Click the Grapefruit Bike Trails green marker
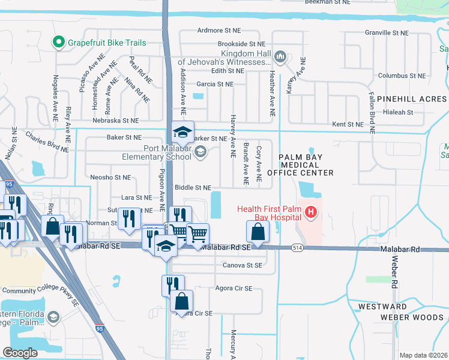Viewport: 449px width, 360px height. (x=58, y=43)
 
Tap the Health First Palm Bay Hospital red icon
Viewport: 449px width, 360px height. (x=311, y=212)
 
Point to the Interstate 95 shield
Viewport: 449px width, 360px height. (x=99, y=328)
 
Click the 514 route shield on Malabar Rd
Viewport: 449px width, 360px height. (x=293, y=247)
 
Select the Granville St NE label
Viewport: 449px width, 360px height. (x=387, y=33)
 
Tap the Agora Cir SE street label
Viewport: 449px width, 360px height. (x=234, y=288)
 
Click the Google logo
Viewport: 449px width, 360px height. (x=20, y=353)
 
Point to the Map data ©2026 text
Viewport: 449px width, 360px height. (x=424, y=355)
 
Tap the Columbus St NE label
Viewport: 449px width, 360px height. (x=402, y=76)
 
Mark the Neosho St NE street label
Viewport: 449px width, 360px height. (x=110, y=178)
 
